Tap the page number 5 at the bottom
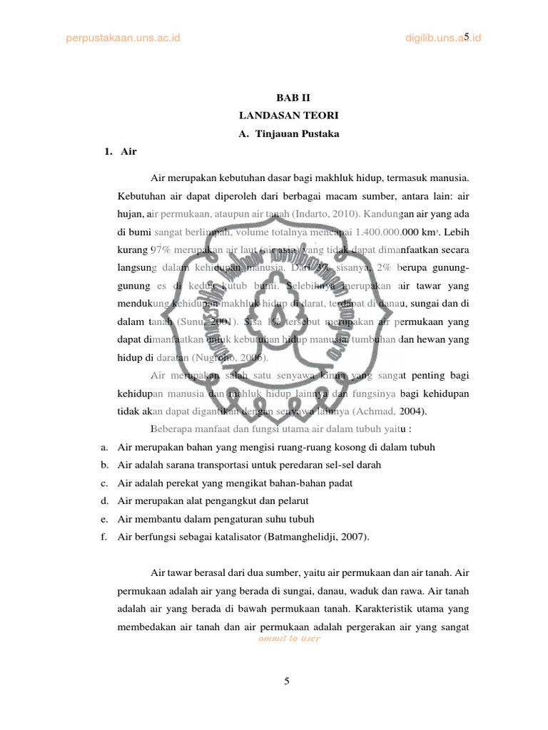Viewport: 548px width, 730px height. (286, 681)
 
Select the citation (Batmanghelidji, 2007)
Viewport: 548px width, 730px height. (314, 537)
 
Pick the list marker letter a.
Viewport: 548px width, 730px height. (103, 447)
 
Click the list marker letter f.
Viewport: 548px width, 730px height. (103, 537)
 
